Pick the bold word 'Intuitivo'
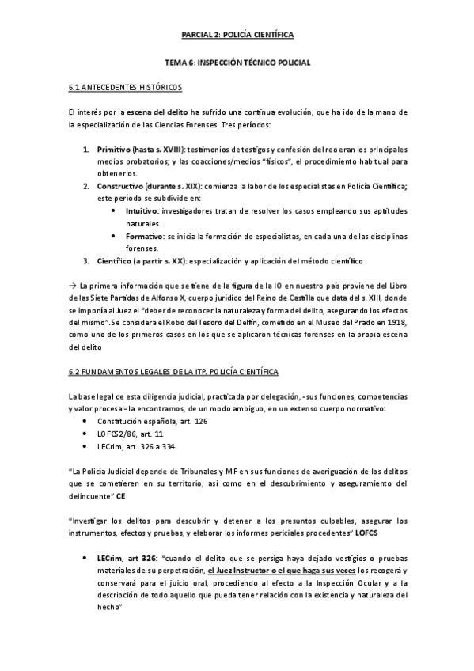pyautogui.click(x=142, y=211)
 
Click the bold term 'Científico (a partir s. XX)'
pyautogui.click(x=142, y=260)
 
